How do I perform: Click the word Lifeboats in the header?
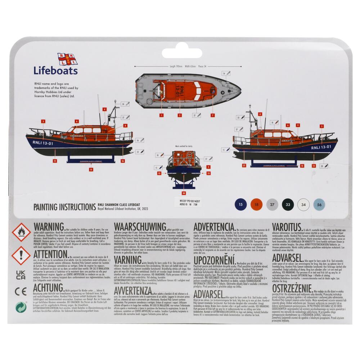[55, 71]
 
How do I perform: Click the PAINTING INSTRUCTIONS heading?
[64, 207]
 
